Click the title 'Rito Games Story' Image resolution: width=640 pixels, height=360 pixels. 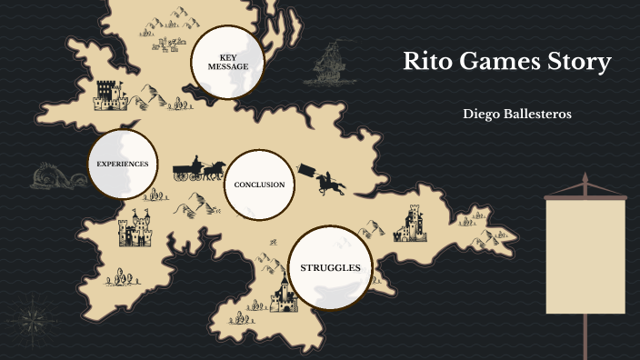[x=507, y=64]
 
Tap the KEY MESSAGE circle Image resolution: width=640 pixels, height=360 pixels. [x=227, y=61]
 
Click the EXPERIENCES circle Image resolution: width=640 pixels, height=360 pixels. [x=123, y=164]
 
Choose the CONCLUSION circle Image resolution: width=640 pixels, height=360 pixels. [x=259, y=185]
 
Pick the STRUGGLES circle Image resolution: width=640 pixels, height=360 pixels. [x=330, y=267]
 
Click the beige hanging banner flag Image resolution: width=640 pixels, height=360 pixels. [x=585, y=255]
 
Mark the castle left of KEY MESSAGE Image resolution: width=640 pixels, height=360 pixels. [x=108, y=94]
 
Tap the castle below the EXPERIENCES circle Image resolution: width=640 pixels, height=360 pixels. [x=135, y=229]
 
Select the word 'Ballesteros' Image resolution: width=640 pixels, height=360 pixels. [x=539, y=114]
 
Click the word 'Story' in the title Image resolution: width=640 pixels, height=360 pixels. [x=581, y=64]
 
